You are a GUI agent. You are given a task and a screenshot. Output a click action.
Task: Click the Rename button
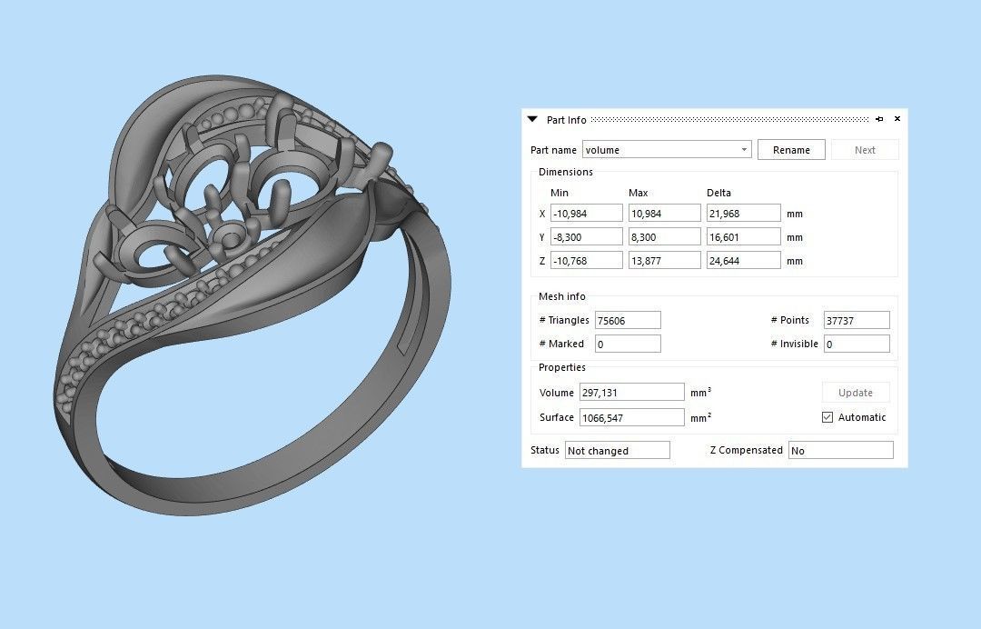pyautogui.click(x=791, y=150)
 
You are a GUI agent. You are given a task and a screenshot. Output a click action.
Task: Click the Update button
pyautogui.click(x=856, y=393)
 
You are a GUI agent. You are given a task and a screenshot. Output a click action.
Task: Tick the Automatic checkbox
pyautogui.click(x=827, y=417)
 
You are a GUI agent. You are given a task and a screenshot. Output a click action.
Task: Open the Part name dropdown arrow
pyautogui.click(x=744, y=150)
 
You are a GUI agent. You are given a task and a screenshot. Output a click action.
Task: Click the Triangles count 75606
pyautogui.click(x=627, y=320)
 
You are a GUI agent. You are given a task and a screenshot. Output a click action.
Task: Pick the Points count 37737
pyautogui.click(x=856, y=320)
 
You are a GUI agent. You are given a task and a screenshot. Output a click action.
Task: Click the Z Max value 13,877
pyautogui.click(x=664, y=261)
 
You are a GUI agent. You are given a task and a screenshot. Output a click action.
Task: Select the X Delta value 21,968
pyautogui.click(x=743, y=214)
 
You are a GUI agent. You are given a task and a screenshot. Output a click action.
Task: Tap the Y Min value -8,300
pyautogui.click(x=586, y=237)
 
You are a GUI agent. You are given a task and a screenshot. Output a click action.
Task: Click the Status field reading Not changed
pyautogui.click(x=617, y=451)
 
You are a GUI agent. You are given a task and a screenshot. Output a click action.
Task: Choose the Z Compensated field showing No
pyautogui.click(x=840, y=451)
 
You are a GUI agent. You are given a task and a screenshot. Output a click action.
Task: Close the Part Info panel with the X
pyautogui.click(x=897, y=119)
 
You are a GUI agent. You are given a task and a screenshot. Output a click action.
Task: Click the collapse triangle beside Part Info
pyautogui.click(x=533, y=119)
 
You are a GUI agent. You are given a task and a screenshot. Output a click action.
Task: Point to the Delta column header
pyautogui.click(x=718, y=193)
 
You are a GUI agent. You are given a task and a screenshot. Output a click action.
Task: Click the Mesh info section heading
pyautogui.click(x=561, y=296)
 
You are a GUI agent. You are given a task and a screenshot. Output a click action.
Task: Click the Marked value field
pyautogui.click(x=627, y=344)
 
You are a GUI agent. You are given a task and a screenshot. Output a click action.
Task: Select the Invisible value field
pyautogui.click(x=856, y=344)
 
